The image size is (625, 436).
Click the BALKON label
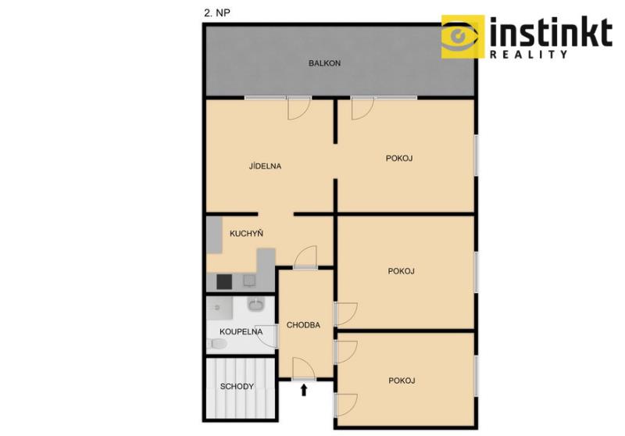[324, 63]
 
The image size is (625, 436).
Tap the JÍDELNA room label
[265, 166]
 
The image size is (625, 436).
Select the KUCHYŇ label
[246, 233]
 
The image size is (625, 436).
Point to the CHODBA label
[303, 325]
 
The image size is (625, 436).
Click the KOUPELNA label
[241, 331]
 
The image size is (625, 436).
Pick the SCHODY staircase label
[237, 386]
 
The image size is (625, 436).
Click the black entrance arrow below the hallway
[304, 390]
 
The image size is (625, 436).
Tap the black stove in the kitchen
[224, 282]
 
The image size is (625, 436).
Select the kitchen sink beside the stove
[249, 281]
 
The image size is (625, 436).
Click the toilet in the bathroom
[217, 344]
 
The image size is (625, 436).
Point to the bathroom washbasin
[256, 304]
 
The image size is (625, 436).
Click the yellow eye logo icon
[462, 37]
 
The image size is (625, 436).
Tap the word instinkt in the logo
[551, 32]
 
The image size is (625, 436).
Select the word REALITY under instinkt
[529, 54]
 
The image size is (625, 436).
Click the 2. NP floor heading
[217, 13]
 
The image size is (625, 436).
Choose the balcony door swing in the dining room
[299, 109]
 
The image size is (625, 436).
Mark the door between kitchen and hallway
[305, 257]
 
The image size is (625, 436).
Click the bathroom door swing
[266, 335]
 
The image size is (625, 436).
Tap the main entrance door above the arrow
[304, 369]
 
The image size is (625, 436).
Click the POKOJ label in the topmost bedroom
[399, 158]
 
